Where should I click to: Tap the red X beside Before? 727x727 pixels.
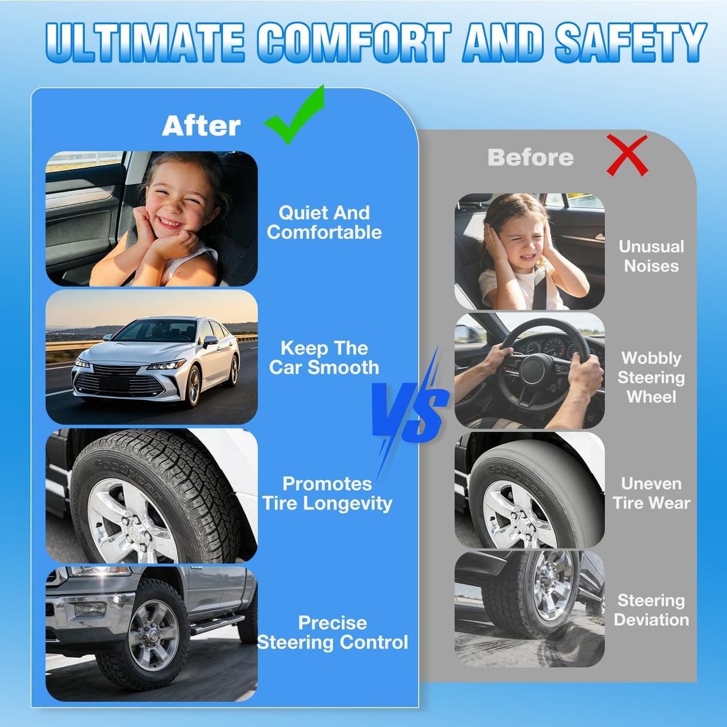[x=626, y=156]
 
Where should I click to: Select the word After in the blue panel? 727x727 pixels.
[x=201, y=126]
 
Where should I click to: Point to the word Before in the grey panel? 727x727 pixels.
[x=531, y=157]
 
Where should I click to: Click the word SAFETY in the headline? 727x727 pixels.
[x=631, y=42]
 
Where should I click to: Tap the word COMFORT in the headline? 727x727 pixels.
[x=355, y=42]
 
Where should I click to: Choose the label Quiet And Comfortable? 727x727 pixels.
[x=324, y=223]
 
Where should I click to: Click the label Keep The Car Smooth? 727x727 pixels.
[x=324, y=358]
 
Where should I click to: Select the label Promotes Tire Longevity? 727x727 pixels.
[x=327, y=493]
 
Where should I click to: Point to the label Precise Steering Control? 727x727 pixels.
[x=332, y=633]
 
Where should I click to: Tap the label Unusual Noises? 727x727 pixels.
[x=651, y=256]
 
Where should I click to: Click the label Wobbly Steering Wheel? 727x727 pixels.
[x=651, y=377]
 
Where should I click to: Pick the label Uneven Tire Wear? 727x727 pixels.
[x=651, y=493]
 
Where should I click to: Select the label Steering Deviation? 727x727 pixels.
[x=651, y=610]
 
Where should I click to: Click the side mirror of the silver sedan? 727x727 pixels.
[x=210, y=341]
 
